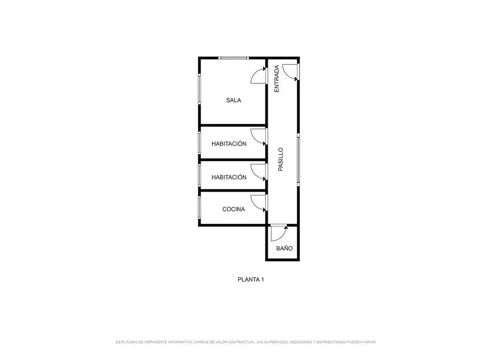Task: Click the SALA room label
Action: click(x=233, y=100)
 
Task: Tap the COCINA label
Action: click(x=233, y=209)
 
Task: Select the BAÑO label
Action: click(x=284, y=248)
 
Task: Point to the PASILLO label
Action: click(x=281, y=159)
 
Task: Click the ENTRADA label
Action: click(x=276, y=79)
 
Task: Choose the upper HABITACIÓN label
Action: click(x=229, y=143)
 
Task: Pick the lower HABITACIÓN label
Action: click(x=229, y=177)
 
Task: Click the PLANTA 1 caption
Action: click(x=251, y=279)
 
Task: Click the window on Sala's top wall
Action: click(x=233, y=58)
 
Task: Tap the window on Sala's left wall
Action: click(x=199, y=89)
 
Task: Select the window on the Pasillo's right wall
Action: click(x=298, y=159)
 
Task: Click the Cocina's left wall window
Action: click(x=199, y=208)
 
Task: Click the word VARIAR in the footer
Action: click(x=369, y=342)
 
